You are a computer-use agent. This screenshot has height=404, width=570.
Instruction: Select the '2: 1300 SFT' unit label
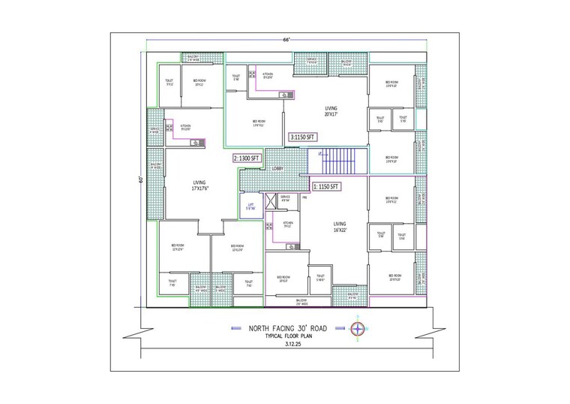[247, 158]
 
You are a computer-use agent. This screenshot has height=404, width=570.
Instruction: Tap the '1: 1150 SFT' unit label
[327, 185]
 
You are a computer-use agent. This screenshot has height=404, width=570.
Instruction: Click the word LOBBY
[277, 169]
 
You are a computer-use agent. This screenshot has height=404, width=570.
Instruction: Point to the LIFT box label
[250, 207]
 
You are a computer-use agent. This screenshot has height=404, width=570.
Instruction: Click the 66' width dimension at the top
[286, 38]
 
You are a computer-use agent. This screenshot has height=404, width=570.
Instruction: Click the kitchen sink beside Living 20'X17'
[286, 95]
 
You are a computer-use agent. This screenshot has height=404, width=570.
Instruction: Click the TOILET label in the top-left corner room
[169, 83]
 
